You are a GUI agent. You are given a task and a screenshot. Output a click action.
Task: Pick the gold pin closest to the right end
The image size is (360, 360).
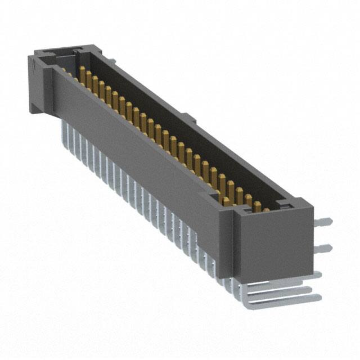[x=265, y=210]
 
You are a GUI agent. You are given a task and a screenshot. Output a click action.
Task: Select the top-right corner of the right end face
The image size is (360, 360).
[x=310, y=210]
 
